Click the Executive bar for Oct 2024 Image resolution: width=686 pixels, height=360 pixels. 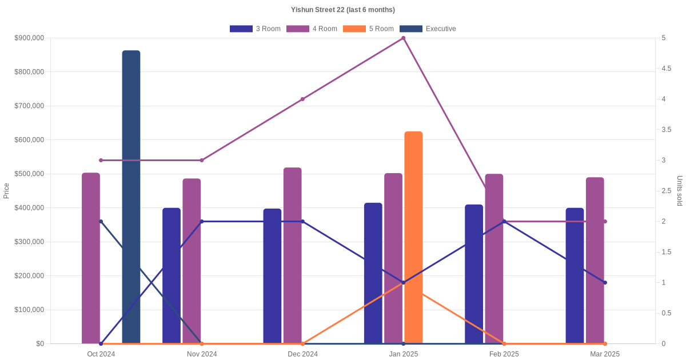click(x=131, y=197)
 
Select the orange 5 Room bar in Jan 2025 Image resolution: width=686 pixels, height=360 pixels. click(x=413, y=238)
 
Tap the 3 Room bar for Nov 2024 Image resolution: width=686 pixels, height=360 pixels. click(x=171, y=276)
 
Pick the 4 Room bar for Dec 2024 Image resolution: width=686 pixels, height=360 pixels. click(x=293, y=255)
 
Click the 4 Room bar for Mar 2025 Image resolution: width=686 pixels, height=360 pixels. click(x=595, y=261)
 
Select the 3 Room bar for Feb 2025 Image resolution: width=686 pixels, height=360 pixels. click(x=474, y=274)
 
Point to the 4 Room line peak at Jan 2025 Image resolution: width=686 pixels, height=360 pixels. click(x=404, y=38)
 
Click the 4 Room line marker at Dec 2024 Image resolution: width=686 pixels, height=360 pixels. click(x=302, y=99)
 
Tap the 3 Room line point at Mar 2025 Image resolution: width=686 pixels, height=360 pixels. click(x=605, y=282)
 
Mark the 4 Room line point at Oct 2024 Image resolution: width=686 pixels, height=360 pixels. click(x=101, y=160)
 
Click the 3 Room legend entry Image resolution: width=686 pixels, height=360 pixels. click(x=255, y=29)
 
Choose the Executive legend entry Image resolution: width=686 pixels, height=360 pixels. click(x=428, y=29)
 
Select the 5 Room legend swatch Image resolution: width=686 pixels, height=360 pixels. click(x=354, y=29)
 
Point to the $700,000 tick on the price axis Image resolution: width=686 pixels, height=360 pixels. click(x=29, y=106)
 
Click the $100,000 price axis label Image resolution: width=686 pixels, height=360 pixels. click(x=29, y=310)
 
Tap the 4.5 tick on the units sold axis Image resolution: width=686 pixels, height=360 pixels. click(x=667, y=69)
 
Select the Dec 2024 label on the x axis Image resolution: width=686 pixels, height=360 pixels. click(x=302, y=354)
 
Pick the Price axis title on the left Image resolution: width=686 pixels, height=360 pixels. click(x=6, y=191)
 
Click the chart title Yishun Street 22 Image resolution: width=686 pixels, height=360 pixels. click(x=343, y=10)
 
